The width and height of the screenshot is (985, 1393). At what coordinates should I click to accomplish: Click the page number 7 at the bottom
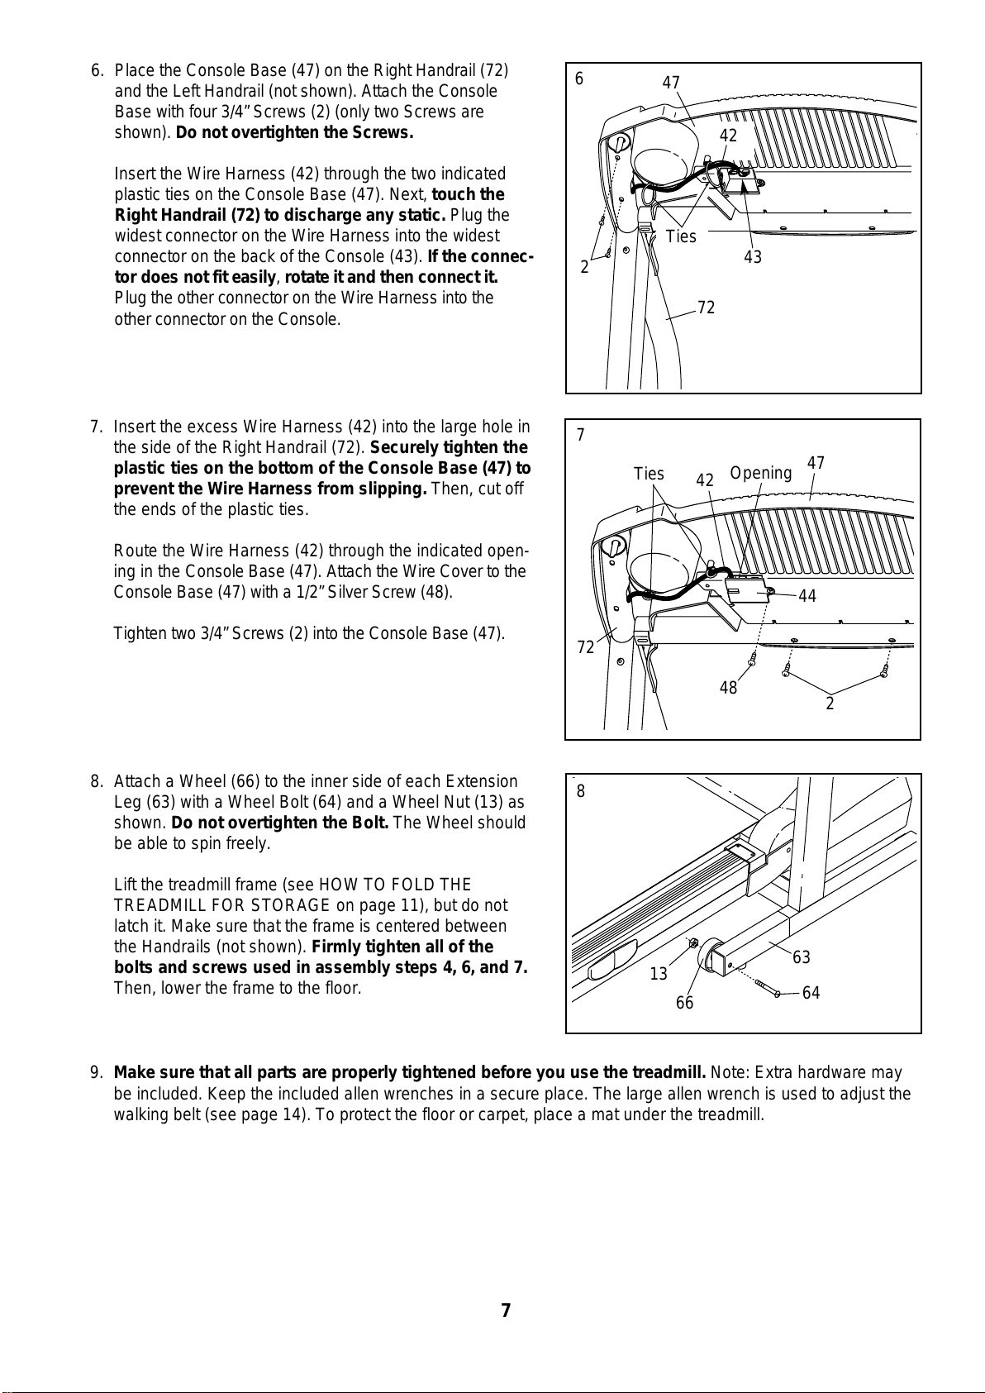tap(506, 1310)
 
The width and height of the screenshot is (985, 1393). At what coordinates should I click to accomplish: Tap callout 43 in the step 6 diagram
tap(752, 257)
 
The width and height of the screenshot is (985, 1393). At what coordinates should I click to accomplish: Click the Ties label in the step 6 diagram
tap(681, 236)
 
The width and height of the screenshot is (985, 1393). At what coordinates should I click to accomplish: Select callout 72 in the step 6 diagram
tap(706, 308)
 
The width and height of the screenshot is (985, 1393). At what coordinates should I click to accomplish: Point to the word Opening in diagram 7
tap(760, 473)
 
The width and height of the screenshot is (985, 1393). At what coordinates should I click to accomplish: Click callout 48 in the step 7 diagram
tap(728, 687)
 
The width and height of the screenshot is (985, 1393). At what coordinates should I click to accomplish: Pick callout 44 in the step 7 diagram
tap(807, 596)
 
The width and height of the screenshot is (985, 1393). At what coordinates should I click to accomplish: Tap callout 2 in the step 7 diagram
tap(830, 704)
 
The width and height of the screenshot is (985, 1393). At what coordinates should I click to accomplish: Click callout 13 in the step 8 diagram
tap(659, 974)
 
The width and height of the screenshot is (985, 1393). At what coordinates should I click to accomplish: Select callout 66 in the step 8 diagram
tap(684, 1003)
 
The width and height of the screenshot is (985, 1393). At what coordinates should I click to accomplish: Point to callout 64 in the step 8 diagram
tap(811, 993)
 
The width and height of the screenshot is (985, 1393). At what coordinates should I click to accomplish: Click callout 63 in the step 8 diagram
tap(802, 957)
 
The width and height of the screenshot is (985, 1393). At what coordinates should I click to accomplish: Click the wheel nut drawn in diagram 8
tap(693, 943)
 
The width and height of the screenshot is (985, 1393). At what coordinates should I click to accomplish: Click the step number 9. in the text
tap(97, 1073)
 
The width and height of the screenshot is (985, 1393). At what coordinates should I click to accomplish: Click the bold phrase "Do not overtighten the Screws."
tap(294, 132)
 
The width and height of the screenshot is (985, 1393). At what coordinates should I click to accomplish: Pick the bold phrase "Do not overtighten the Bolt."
tap(280, 823)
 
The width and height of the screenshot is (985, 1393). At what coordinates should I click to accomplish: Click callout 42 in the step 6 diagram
tap(728, 135)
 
